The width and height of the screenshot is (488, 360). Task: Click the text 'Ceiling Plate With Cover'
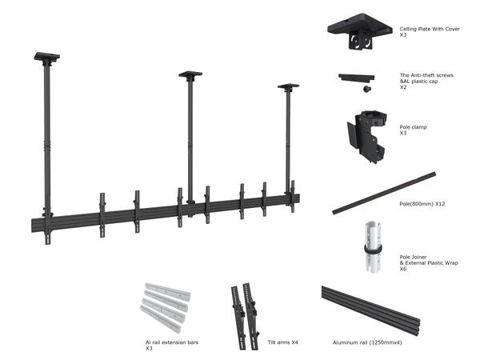click(430, 29)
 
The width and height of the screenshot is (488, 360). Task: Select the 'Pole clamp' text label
click(413, 126)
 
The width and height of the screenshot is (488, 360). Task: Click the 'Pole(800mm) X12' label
click(422, 204)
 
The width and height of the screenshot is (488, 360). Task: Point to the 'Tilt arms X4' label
click(283, 342)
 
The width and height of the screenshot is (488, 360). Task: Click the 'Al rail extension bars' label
click(172, 342)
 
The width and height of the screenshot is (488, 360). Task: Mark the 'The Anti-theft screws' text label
click(426, 75)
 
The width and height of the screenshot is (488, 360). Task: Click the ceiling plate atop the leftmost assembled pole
click(46, 58)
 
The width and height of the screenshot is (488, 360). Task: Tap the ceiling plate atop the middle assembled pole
click(190, 75)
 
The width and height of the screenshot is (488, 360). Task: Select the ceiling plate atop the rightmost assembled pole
click(288, 86)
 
